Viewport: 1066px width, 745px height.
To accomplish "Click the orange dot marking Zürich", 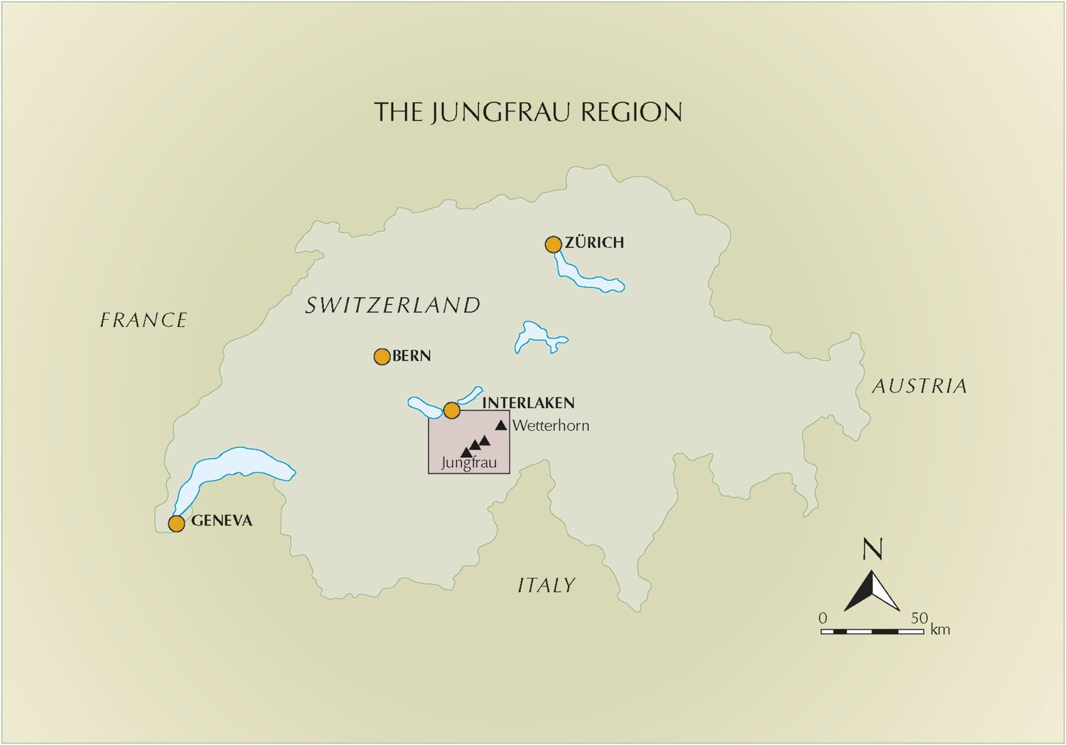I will click(x=553, y=245).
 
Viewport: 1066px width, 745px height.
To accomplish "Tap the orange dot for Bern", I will click(x=382, y=356).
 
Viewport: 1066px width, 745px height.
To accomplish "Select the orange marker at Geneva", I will click(x=176, y=524).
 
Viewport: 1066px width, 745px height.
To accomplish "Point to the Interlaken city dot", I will click(x=451, y=410).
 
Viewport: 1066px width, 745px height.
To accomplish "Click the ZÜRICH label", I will click(x=594, y=242).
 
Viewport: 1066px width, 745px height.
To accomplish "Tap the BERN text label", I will click(x=411, y=355).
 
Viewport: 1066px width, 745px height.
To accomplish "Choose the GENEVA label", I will click(x=222, y=520).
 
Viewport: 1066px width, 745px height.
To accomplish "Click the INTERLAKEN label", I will click(x=528, y=403).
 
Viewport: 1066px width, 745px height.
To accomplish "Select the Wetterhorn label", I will click(x=551, y=426).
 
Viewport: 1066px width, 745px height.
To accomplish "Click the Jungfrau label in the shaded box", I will click(x=468, y=463).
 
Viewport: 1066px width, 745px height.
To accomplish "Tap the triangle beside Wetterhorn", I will click(x=501, y=425).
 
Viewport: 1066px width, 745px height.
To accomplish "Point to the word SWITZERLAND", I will click(x=393, y=305).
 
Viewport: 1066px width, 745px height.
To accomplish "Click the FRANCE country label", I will click(x=144, y=320).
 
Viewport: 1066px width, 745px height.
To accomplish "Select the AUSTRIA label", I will click(x=920, y=386).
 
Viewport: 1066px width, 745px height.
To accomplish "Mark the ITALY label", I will click(x=546, y=585).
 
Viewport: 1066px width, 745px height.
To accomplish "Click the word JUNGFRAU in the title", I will click(x=500, y=112).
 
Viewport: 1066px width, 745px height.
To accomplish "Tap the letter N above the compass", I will click(x=872, y=550).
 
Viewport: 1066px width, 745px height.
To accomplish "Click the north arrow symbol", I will click(x=872, y=591).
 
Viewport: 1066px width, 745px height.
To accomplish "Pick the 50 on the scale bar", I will click(x=920, y=618).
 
